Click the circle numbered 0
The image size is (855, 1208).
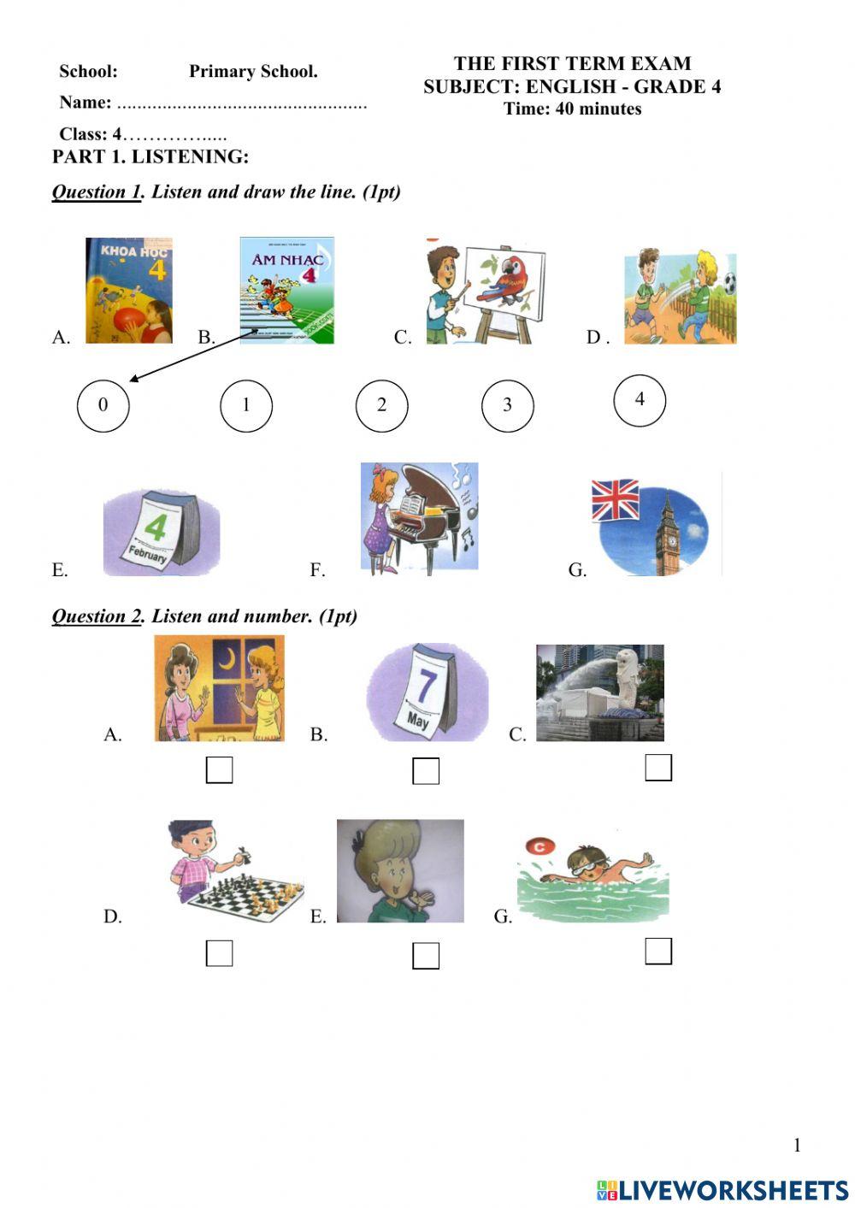click(x=103, y=405)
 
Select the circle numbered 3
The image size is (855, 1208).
click(x=507, y=405)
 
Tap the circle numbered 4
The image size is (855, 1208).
click(x=640, y=399)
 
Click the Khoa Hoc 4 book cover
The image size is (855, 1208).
click(x=129, y=291)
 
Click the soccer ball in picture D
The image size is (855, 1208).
click(x=728, y=283)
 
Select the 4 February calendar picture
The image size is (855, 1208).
click(x=162, y=532)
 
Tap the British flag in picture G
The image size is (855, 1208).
click(x=616, y=499)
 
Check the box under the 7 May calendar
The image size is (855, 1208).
click(x=426, y=771)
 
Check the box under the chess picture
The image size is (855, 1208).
click(x=220, y=952)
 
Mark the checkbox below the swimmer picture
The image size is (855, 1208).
click(x=658, y=951)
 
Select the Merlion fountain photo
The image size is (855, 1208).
click(x=600, y=692)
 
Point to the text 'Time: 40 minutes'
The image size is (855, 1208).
click(x=572, y=109)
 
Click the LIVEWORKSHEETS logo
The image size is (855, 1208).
click(x=722, y=1190)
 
